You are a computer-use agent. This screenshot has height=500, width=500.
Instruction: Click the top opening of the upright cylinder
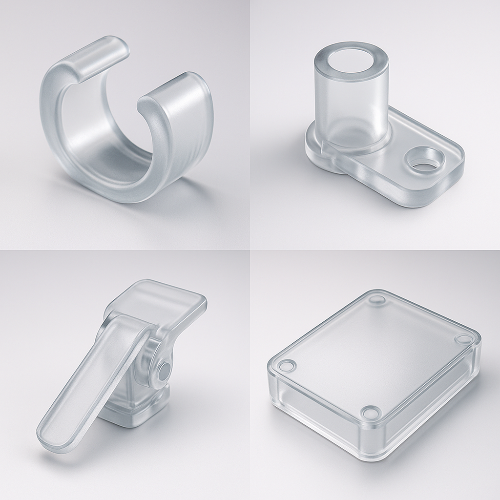click(x=351, y=62)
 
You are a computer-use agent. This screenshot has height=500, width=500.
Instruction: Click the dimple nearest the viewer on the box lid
click(x=371, y=413)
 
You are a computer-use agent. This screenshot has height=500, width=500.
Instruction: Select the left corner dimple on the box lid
click(x=287, y=365)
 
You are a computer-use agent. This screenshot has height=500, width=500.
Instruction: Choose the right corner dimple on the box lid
click(x=463, y=338)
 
